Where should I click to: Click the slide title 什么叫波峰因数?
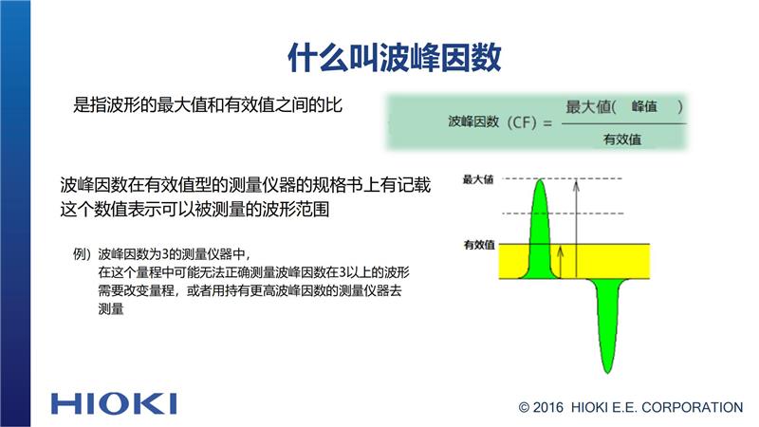coord(395,58)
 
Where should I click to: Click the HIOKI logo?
coord(114,404)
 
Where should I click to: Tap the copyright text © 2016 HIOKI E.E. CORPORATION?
coord(630,408)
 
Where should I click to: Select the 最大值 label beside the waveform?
coord(478,179)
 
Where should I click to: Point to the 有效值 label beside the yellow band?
coord(479,245)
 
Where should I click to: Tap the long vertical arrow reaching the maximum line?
coord(576,229)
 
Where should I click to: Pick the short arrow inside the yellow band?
coord(561,262)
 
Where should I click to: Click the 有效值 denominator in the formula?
coord(622,139)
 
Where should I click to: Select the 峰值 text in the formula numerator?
coord(644,106)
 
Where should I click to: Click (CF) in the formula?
coord(522,122)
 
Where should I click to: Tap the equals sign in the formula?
coord(547,123)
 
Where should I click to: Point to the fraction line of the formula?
coord(624,124)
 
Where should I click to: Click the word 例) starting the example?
coord(82,253)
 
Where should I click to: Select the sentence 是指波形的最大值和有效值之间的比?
coord(208,104)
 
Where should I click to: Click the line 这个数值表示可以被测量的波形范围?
coord(194,209)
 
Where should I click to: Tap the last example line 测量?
coord(111,309)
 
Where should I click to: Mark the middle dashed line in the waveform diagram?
coord(563,213)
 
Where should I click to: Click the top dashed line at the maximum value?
coord(562,178)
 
